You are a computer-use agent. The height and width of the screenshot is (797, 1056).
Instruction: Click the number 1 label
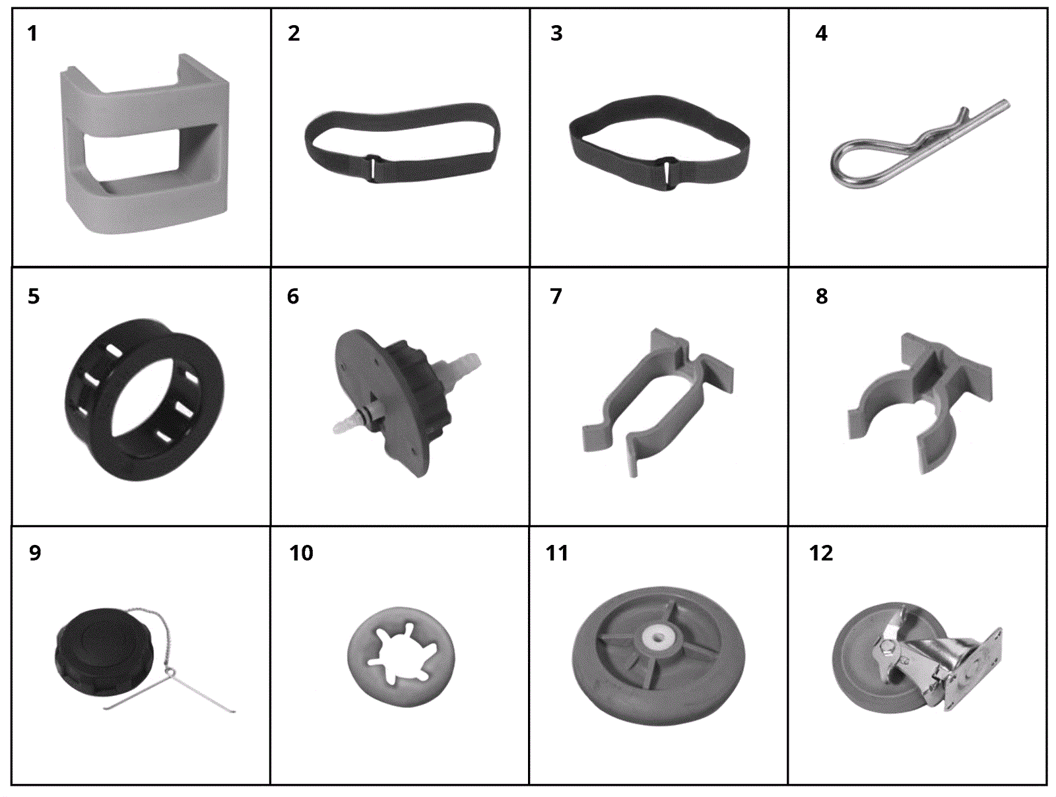pyautogui.click(x=32, y=34)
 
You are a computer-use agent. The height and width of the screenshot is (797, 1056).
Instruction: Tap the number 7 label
pyautogui.click(x=556, y=296)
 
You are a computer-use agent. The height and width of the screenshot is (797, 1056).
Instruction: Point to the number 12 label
pyautogui.click(x=821, y=553)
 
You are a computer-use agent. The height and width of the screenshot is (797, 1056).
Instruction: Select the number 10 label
pyautogui.click(x=301, y=553)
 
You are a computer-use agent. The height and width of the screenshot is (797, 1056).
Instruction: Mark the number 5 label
pyautogui.click(x=33, y=296)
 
